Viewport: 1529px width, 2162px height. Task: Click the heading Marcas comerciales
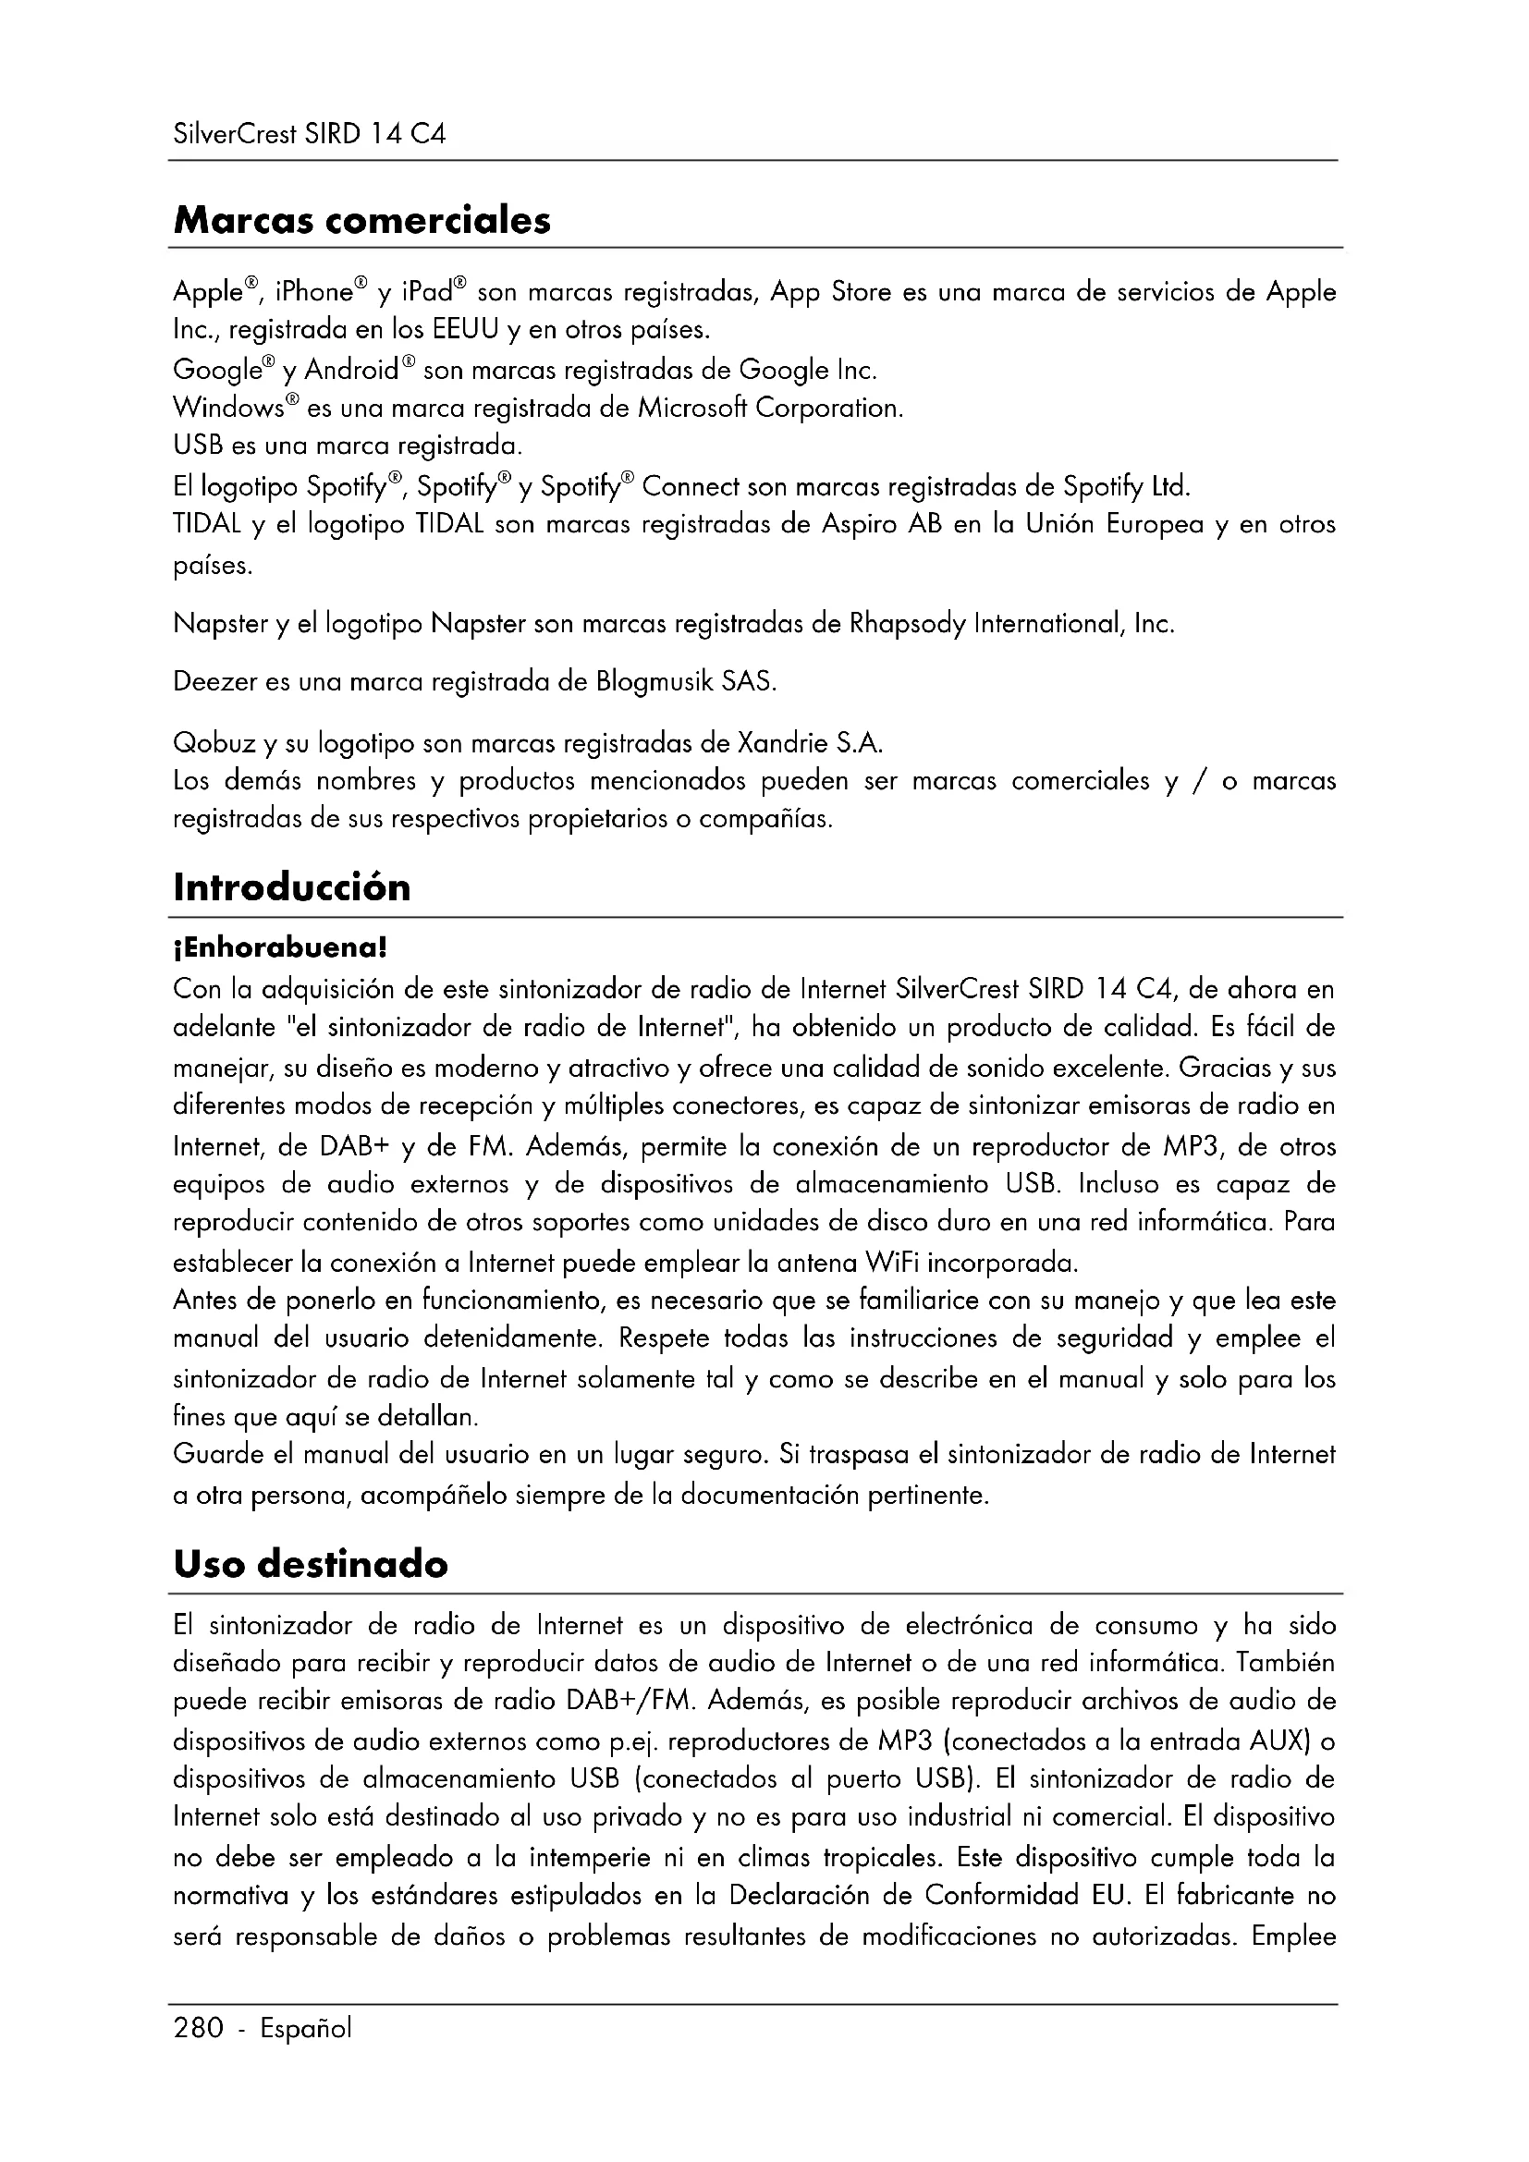(361, 221)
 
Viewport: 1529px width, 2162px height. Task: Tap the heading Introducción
(292, 888)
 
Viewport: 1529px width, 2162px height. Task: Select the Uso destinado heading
(311, 1565)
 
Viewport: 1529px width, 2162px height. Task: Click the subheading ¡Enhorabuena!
(281, 947)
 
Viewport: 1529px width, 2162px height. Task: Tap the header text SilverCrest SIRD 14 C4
(309, 135)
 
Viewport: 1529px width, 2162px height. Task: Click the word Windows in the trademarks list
(228, 409)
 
